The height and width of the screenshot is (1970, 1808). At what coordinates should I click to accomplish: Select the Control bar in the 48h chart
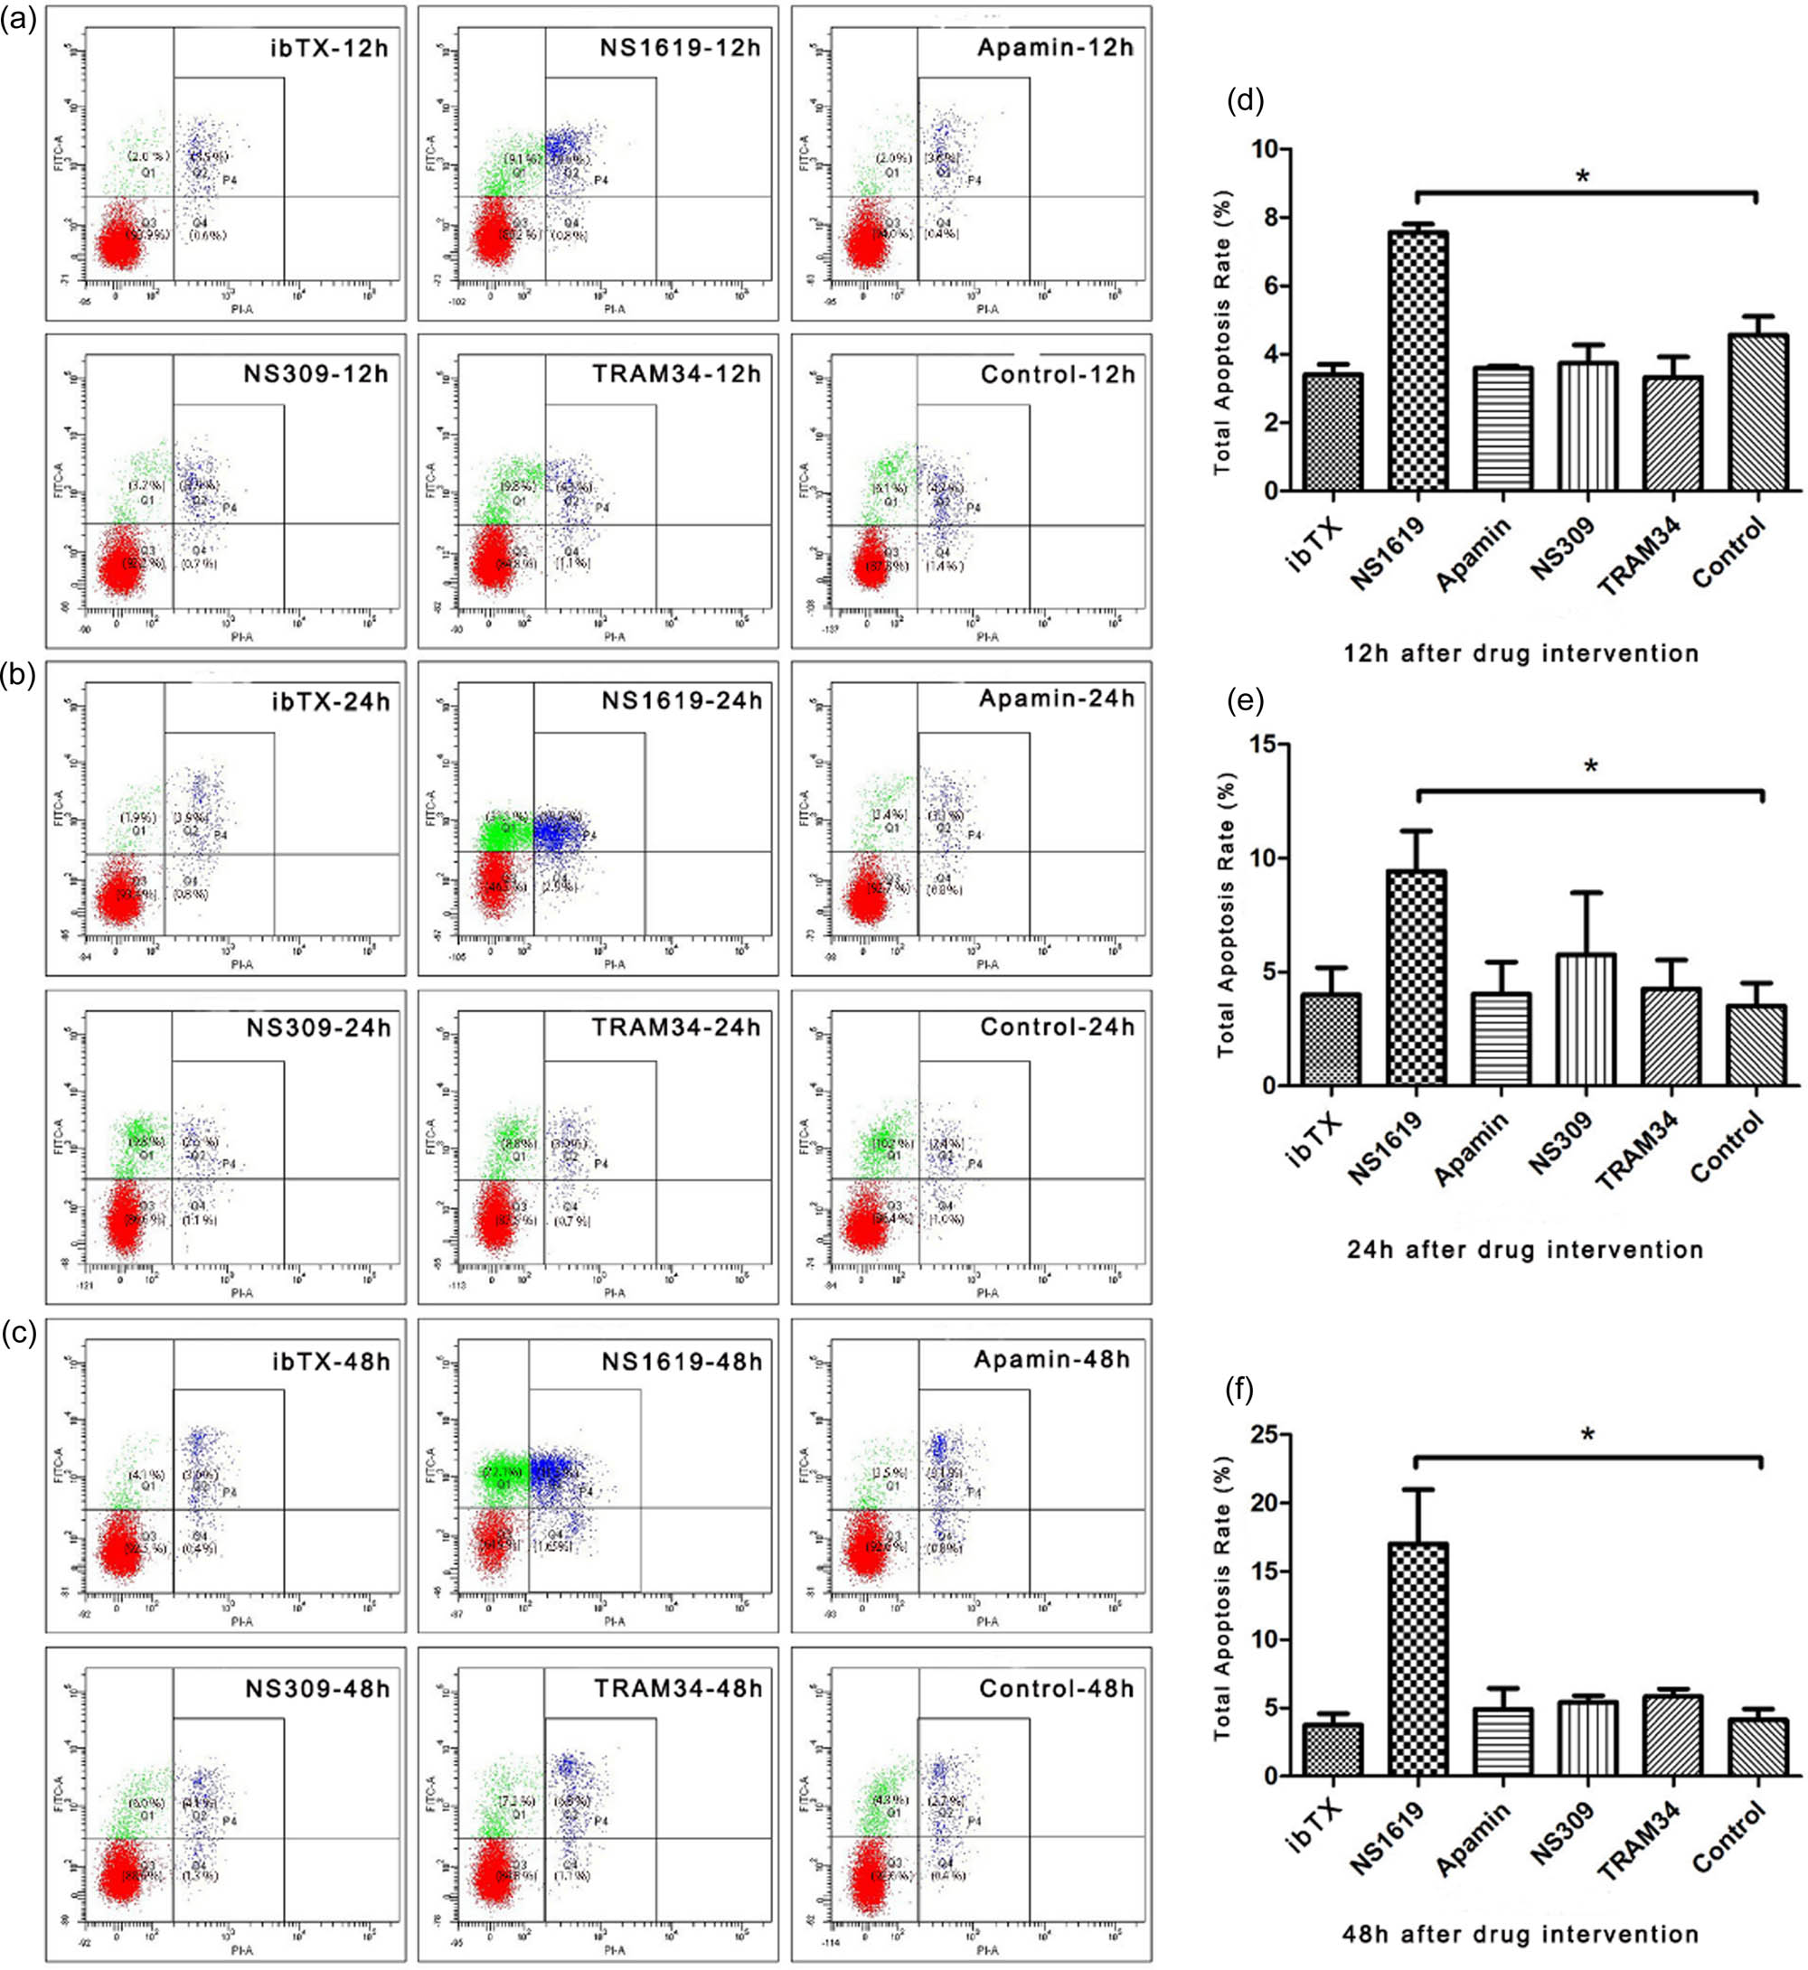click(1759, 1748)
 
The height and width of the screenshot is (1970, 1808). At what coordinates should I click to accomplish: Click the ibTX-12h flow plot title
click(330, 47)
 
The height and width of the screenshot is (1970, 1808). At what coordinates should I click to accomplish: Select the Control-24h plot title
click(1057, 1027)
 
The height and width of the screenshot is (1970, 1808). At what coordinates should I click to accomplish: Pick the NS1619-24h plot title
click(681, 700)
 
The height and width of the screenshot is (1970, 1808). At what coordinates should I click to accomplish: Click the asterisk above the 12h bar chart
click(1582, 178)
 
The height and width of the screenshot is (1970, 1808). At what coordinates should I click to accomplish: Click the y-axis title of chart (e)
click(1225, 915)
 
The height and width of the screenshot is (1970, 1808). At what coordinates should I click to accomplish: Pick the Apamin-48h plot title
click(1051, 1361)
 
